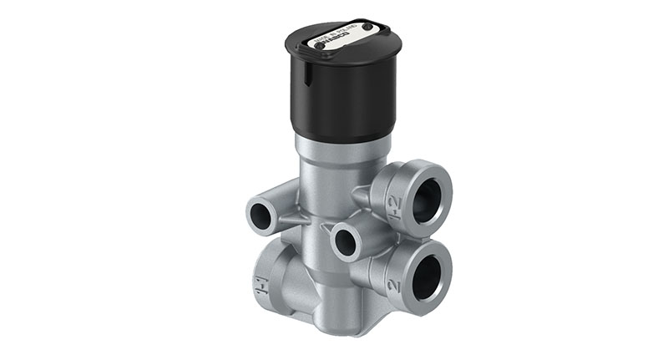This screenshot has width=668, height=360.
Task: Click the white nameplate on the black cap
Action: pos(338,38)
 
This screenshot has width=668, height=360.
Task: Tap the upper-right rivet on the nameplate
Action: pos(366,27)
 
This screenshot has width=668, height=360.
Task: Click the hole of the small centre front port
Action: pos(345,241)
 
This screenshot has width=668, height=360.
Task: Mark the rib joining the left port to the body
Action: pos(290,219)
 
